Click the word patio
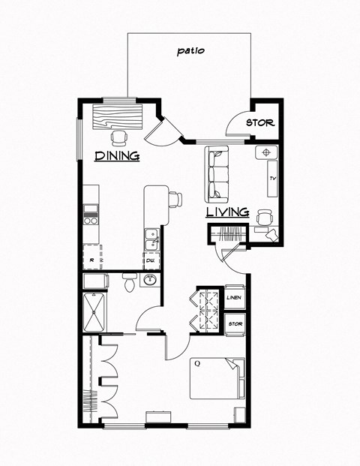click(190, 52)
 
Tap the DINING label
click(118, 156)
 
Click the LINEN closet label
click(235, 297)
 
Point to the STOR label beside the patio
click(260, 123)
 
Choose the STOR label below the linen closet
click(235, 324)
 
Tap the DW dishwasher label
click(150, 260)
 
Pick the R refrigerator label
click(91, 260)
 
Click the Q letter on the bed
click(197, 364)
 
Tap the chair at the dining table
click(118, 137)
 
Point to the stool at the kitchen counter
click(175, 199)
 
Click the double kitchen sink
click(151, 239)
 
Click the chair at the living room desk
click(263, 216)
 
